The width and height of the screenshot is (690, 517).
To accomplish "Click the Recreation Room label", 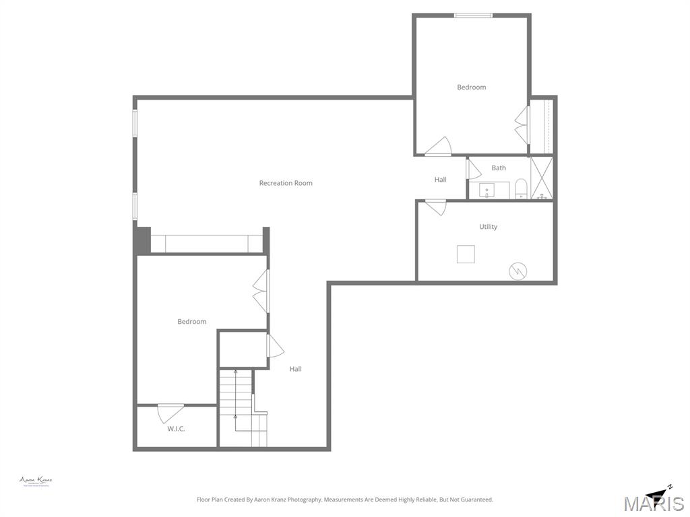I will click(x=286, y=183).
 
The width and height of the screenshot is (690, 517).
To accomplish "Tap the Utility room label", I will click(x=489, y=227).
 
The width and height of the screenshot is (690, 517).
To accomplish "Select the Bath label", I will click(x=499, y=168).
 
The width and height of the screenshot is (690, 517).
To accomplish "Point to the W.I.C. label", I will click(x=176, y=429).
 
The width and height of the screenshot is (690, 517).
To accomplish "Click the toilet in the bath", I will click(x=521, y=189).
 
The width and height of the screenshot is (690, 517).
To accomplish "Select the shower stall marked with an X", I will click(x=542, y=178).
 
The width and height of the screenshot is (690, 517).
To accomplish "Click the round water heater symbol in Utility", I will click(x=518, y=271).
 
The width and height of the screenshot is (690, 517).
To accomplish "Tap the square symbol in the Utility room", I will click(x=466, y=254).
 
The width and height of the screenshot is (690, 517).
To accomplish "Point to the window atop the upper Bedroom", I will click(x=473, y=15).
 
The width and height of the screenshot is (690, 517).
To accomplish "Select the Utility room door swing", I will click(x=435, y=207).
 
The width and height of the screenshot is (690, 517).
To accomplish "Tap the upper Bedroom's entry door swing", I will click(x=439, y=147).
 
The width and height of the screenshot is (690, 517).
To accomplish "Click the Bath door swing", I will click(x=474, y=169).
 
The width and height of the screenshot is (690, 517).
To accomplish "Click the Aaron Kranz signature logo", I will click(x=36, y=481).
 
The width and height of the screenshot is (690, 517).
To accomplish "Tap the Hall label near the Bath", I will click(x=440, y=180).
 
